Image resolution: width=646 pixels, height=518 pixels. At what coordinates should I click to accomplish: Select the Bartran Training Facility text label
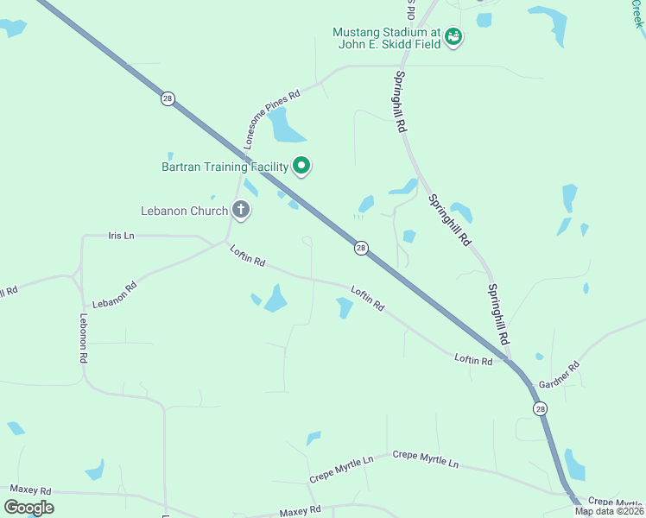pyautogui.click(x=225, y=166)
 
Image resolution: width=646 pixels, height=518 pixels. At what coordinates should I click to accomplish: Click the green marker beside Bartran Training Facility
pyautogui.click(x=301, y=165)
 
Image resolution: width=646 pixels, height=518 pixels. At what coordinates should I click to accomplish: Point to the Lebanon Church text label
pyautogui.click(x=185, y=211)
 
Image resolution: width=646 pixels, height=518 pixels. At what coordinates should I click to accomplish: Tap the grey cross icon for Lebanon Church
pyautogui.click(x=241, y=210)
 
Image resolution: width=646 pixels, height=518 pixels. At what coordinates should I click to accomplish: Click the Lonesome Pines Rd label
pyautogui.click(x=270, y=117)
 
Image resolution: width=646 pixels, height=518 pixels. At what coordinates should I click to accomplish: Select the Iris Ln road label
pyautogui.click(x=121, y=235)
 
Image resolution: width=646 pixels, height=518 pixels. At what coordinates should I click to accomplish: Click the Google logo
pyautogui.click(x=28, y=507)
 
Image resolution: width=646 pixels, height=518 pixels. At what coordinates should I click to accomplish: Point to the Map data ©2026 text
pyautogui.click(x=609, y=511)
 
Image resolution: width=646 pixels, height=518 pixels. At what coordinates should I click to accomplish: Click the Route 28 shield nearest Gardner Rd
pyautogui.click(x=540, y=408)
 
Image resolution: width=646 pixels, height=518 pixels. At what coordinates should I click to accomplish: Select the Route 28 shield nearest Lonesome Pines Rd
pyautogui.click(x=167, y=98)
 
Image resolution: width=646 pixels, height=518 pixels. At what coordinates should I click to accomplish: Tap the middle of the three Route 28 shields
pyautogui.click(x=361, y=248)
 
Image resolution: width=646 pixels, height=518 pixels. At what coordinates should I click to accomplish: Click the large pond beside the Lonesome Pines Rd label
pyautogui.click(x=286, y=128)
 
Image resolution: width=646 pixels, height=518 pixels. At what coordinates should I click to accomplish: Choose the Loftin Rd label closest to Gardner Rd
pyautogui.click(x=473, y=359)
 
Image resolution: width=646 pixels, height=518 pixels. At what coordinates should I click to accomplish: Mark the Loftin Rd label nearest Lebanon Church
pyautogui.click(x=247, y=256)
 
